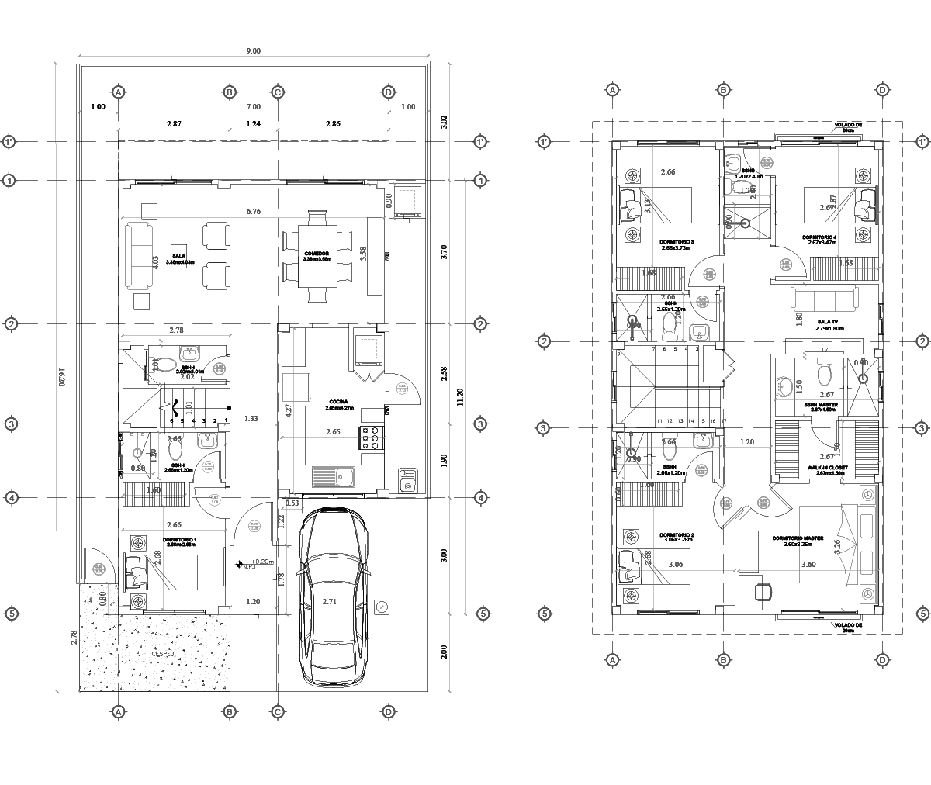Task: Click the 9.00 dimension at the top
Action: pyautogui.click(x=253, y=51)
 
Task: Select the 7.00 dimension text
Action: pyautogui.click(x=253, y=107)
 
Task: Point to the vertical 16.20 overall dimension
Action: pyautogui.click(x=61, y=378)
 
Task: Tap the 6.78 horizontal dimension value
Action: pyautogui.click(x=253, y=211)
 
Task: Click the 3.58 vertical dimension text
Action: pyautogui.click(x=363, y=253)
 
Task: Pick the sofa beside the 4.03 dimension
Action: pyautogui.click(x=139, y=256)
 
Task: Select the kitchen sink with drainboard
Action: pyautogui.click(x=334, y=476)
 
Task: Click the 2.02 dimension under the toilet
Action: pyautogui.click(x=187, y=377)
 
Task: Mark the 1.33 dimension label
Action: pyautogui.click(x=251, y=419)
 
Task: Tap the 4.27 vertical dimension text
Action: pyautogui.click(x=289, y=410)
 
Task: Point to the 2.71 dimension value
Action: pyautogui.click(x=330, y=602)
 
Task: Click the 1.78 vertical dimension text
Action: pyautogui.click(x=282, y=579)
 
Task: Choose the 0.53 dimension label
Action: pyautogui.click(x=292, y=503)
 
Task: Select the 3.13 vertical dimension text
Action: pyautogui.click(x=648, y=206)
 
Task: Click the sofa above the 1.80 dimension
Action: pyautogui.click(x=824, y=298)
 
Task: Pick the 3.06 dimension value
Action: pyautogui.click(x=675, y=565)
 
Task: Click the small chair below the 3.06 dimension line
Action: pyautogui.click(x=763, y=593)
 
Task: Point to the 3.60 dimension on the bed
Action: pyautogui.click(x=808, y=565)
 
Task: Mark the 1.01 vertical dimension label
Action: pyautogui.click(x=189, y=406)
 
